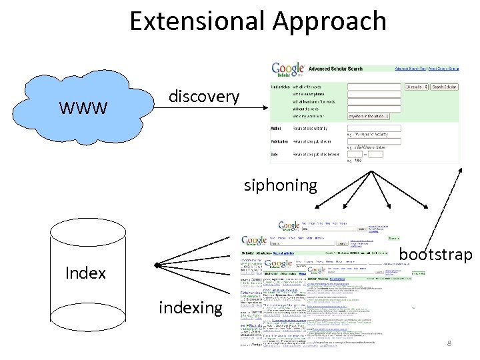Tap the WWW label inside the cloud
(83, 108)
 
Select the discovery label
(203, 97)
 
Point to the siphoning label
(280, 185)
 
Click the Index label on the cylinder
(85, 273)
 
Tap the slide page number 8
(449, 343)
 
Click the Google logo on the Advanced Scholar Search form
(288, 69)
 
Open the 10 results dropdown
(415, 87)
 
